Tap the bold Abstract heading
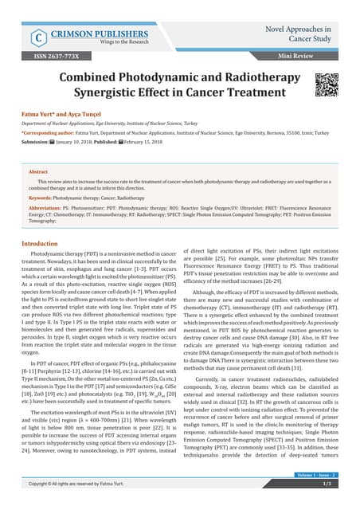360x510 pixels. (x=38, y=171)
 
